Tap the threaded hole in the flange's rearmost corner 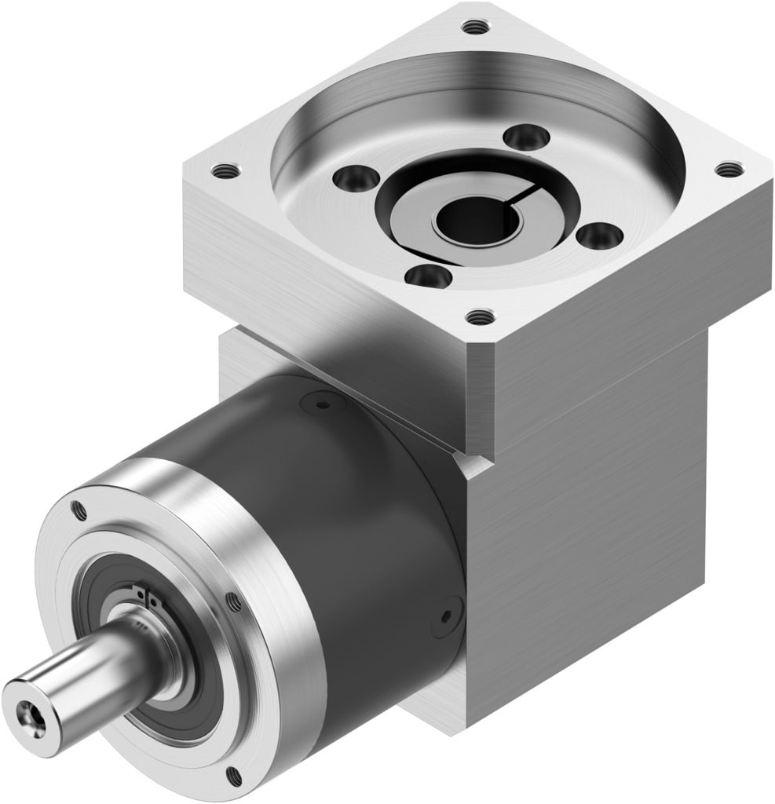pos(475,27)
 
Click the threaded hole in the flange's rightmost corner pos(729,169)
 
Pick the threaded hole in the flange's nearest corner pos(481,317)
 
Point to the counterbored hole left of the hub pos(349,178)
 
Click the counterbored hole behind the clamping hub pos(525,137)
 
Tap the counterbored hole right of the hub pos(599,234)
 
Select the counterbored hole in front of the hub pos(430,276)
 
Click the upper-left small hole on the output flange pos(79,511)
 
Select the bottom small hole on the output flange pos(233,776)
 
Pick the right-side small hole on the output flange pos(233,602)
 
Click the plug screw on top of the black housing pos(323,404)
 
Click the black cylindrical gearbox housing pos(338,510)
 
